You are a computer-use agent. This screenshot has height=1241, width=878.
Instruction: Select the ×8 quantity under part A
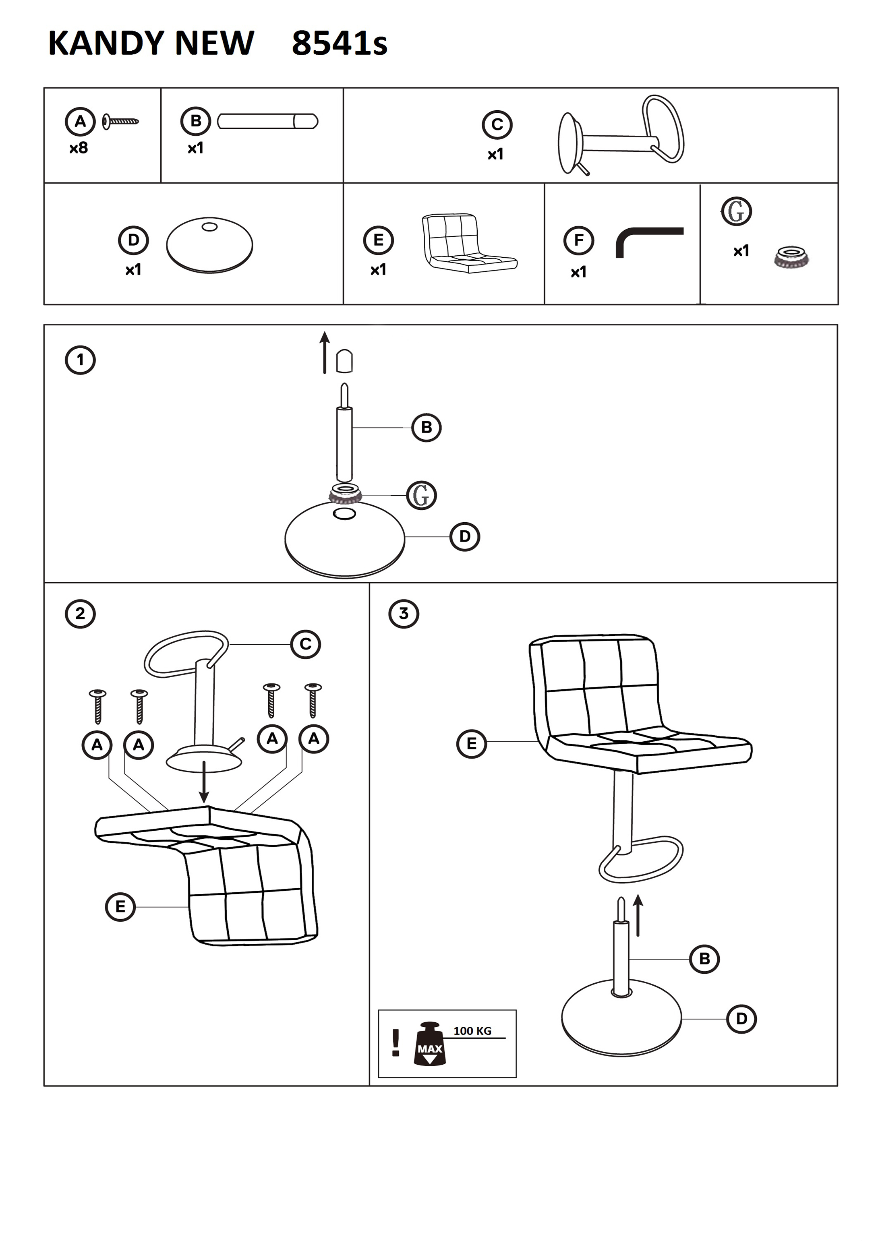(x=79, y=148)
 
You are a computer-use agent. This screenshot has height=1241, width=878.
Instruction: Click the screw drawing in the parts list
(x=120, y=122)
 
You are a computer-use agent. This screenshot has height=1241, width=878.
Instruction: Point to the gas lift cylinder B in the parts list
(x=267, y=121)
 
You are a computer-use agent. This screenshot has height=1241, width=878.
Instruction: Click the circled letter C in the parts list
(x=497, y=125)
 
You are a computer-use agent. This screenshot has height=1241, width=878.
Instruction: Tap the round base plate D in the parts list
(x=209, y=245)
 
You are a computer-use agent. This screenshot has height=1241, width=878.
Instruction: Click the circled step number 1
(x=80, y=360)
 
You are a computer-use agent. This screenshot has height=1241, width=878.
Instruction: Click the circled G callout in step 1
(x=421, y=495)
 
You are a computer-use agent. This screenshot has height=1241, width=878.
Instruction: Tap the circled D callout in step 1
(x=464, y=537)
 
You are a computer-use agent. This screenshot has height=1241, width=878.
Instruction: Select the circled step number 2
(x=80, y=614)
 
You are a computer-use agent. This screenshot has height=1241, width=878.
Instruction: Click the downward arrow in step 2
(x=204, y=782)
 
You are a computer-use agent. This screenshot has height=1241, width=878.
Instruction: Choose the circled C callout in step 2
(x=305, y=644)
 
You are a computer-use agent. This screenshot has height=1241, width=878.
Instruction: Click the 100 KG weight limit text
(x=472, y=1031)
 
